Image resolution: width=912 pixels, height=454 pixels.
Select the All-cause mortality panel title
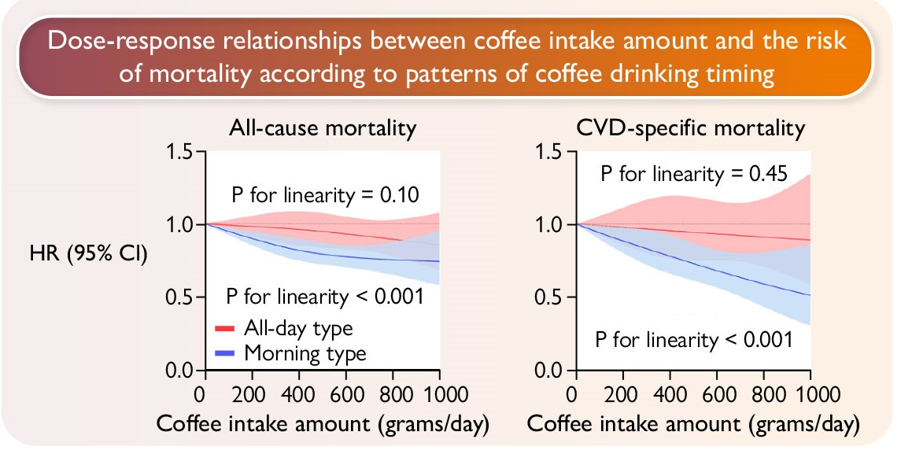323,128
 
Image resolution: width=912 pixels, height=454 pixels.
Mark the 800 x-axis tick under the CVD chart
764,393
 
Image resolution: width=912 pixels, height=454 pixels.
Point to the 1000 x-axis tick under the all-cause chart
438,393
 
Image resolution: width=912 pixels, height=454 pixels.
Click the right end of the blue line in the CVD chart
810,296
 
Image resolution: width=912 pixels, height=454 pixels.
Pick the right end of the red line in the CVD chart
810,240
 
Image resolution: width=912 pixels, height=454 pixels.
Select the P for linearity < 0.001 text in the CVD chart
692,340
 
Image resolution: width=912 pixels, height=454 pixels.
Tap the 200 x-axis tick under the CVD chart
622,393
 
